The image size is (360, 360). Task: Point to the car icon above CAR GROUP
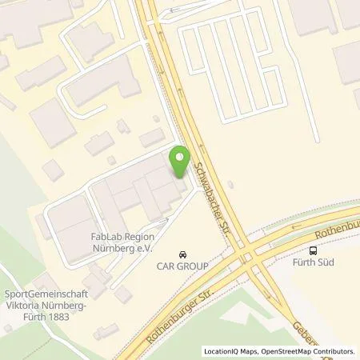pyautogui.click(x=183, y=251)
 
